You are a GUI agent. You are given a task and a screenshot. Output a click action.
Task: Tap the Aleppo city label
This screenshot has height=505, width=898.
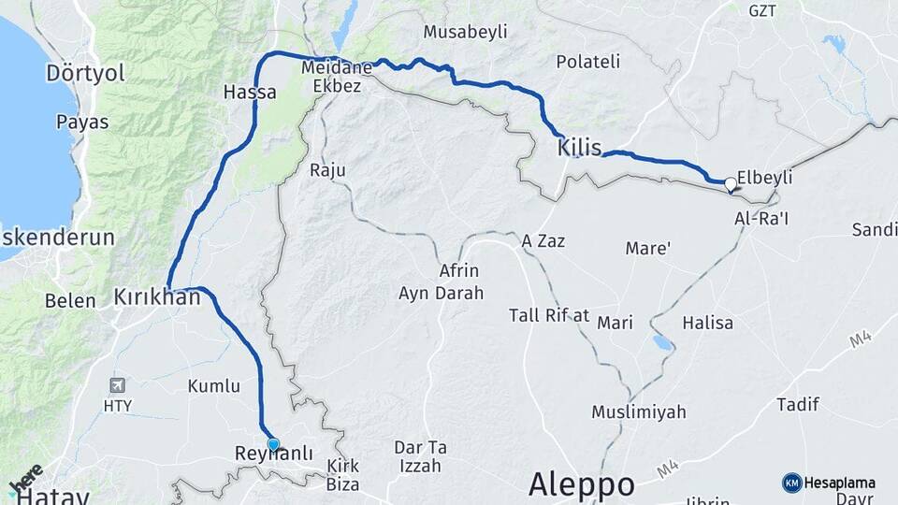(581, 484)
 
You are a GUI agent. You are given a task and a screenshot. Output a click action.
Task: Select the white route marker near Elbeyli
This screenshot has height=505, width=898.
(730, 183)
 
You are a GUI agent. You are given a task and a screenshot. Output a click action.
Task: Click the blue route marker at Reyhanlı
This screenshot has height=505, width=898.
(273, 444)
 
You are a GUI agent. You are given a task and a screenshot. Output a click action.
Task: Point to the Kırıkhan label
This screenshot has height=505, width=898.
(157, 297)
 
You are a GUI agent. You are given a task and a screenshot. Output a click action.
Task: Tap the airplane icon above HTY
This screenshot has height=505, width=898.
(117, 385)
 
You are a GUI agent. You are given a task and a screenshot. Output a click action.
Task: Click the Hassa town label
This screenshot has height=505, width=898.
(250, 93)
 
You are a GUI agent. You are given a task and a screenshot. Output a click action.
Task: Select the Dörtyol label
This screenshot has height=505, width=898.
(86, 73)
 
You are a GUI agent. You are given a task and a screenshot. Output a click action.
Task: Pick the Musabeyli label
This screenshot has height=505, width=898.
(465, 32)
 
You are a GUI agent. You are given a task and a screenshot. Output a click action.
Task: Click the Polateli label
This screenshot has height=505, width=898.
(587, 62)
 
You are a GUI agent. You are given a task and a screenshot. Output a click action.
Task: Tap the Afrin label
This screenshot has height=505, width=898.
(459, 271)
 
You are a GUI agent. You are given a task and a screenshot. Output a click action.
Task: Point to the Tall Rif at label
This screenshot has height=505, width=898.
(549, 315)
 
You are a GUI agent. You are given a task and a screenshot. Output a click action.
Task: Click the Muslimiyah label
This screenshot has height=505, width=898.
(638, 411)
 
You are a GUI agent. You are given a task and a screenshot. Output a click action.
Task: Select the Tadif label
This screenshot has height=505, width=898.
(798, 404)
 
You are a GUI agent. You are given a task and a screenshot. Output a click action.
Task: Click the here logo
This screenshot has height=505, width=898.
(26, 479)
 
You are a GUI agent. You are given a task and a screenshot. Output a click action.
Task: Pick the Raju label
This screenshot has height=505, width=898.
(327, 170)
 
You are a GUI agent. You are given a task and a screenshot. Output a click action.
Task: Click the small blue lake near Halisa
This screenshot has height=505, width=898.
(662, 343)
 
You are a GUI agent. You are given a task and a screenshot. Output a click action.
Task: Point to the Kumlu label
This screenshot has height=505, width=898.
(214, 385)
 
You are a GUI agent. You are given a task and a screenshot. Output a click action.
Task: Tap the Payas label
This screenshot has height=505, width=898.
(82, 122)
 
